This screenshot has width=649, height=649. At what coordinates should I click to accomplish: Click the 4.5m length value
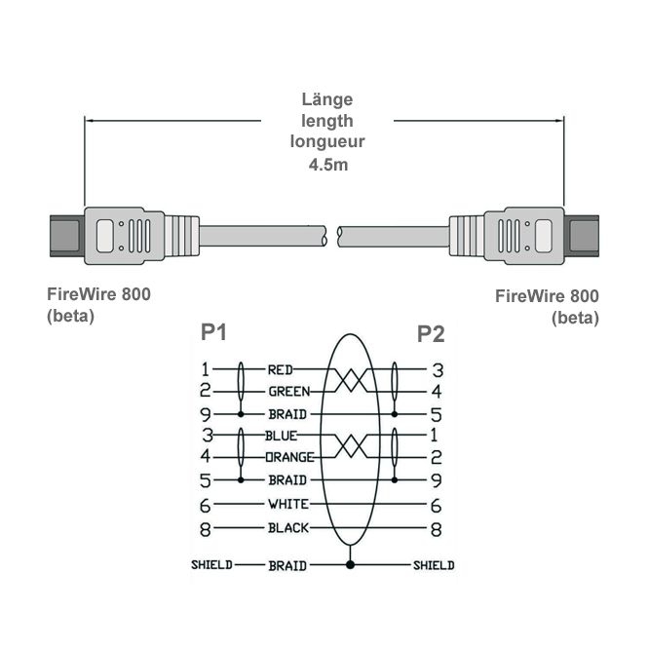(x=327, y=164)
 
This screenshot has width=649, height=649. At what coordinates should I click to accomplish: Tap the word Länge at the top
(x=327, y=99)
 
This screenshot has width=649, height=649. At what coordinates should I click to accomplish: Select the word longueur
(x=327, y=142)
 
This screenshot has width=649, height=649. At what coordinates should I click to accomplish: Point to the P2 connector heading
(x=431, y=334)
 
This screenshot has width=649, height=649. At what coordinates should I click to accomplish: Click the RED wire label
(x=282, y=370)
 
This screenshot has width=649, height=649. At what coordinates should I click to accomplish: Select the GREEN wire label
(x=288, y=392)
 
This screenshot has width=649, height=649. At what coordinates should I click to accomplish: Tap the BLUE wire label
(x=282, y=436)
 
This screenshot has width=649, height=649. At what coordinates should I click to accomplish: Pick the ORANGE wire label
(x=290, y=456)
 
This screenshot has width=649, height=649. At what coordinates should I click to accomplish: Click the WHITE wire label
(x=288, y=504)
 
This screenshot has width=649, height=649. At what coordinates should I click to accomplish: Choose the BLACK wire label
(x=288, y=528)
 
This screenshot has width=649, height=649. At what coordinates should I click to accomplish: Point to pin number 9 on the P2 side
(x=438, y=479)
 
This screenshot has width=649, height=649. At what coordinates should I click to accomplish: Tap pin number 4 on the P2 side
(x=438, y=392)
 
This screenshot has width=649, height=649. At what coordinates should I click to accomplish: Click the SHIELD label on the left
(x=211, y=565)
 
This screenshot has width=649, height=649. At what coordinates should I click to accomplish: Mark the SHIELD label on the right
(x=434, y=565)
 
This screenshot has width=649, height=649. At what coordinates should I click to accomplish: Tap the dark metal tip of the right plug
(x=585, y=235)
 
